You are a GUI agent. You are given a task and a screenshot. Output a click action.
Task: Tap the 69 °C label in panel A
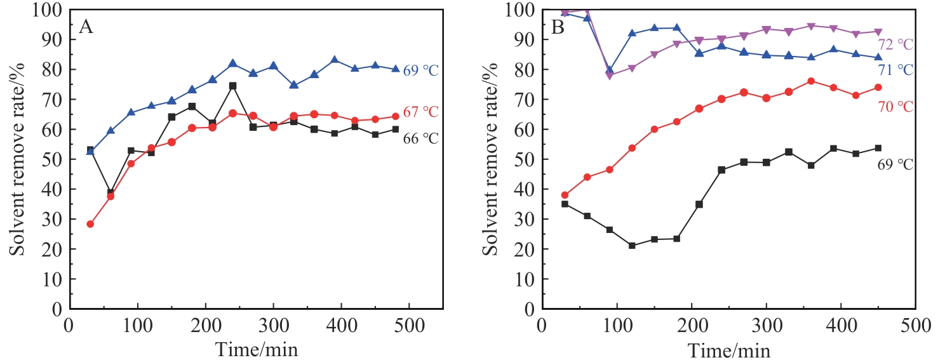pyautogui.click(x=420, y=70)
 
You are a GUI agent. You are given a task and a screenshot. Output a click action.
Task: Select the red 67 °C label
pyautogui.click(x=420, y=112)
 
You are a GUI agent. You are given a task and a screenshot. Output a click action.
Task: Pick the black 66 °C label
pyautogui.click(x=420, y=138)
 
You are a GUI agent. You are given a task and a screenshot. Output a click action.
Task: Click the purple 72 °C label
pyautogui.click(x=895, y=44)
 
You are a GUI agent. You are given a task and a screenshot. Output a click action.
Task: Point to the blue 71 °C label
pyautogui.click(x=895, y=70)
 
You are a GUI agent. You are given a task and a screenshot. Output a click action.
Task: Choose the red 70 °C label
pyautogui.click(x=895, y=107)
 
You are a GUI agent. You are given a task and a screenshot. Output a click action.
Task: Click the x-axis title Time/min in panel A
pyautogui.click(x=256, y=349)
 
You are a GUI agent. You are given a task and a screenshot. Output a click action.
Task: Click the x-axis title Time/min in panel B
pyautogui.click(x=730, y=349)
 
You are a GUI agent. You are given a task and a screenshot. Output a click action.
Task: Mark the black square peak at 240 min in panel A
pyautogui.click(x=232, y=86)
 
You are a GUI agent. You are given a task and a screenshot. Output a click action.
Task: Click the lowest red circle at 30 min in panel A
pyautogui.click(x=90, y=224)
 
